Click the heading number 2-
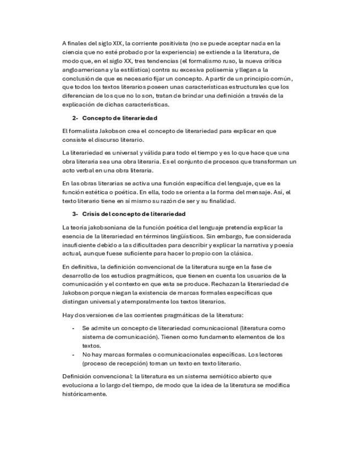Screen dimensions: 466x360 75,118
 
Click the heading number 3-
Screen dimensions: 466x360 75,214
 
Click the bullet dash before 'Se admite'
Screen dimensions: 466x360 74,328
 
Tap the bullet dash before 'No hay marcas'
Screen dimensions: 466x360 74,354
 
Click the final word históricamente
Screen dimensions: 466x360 84,394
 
